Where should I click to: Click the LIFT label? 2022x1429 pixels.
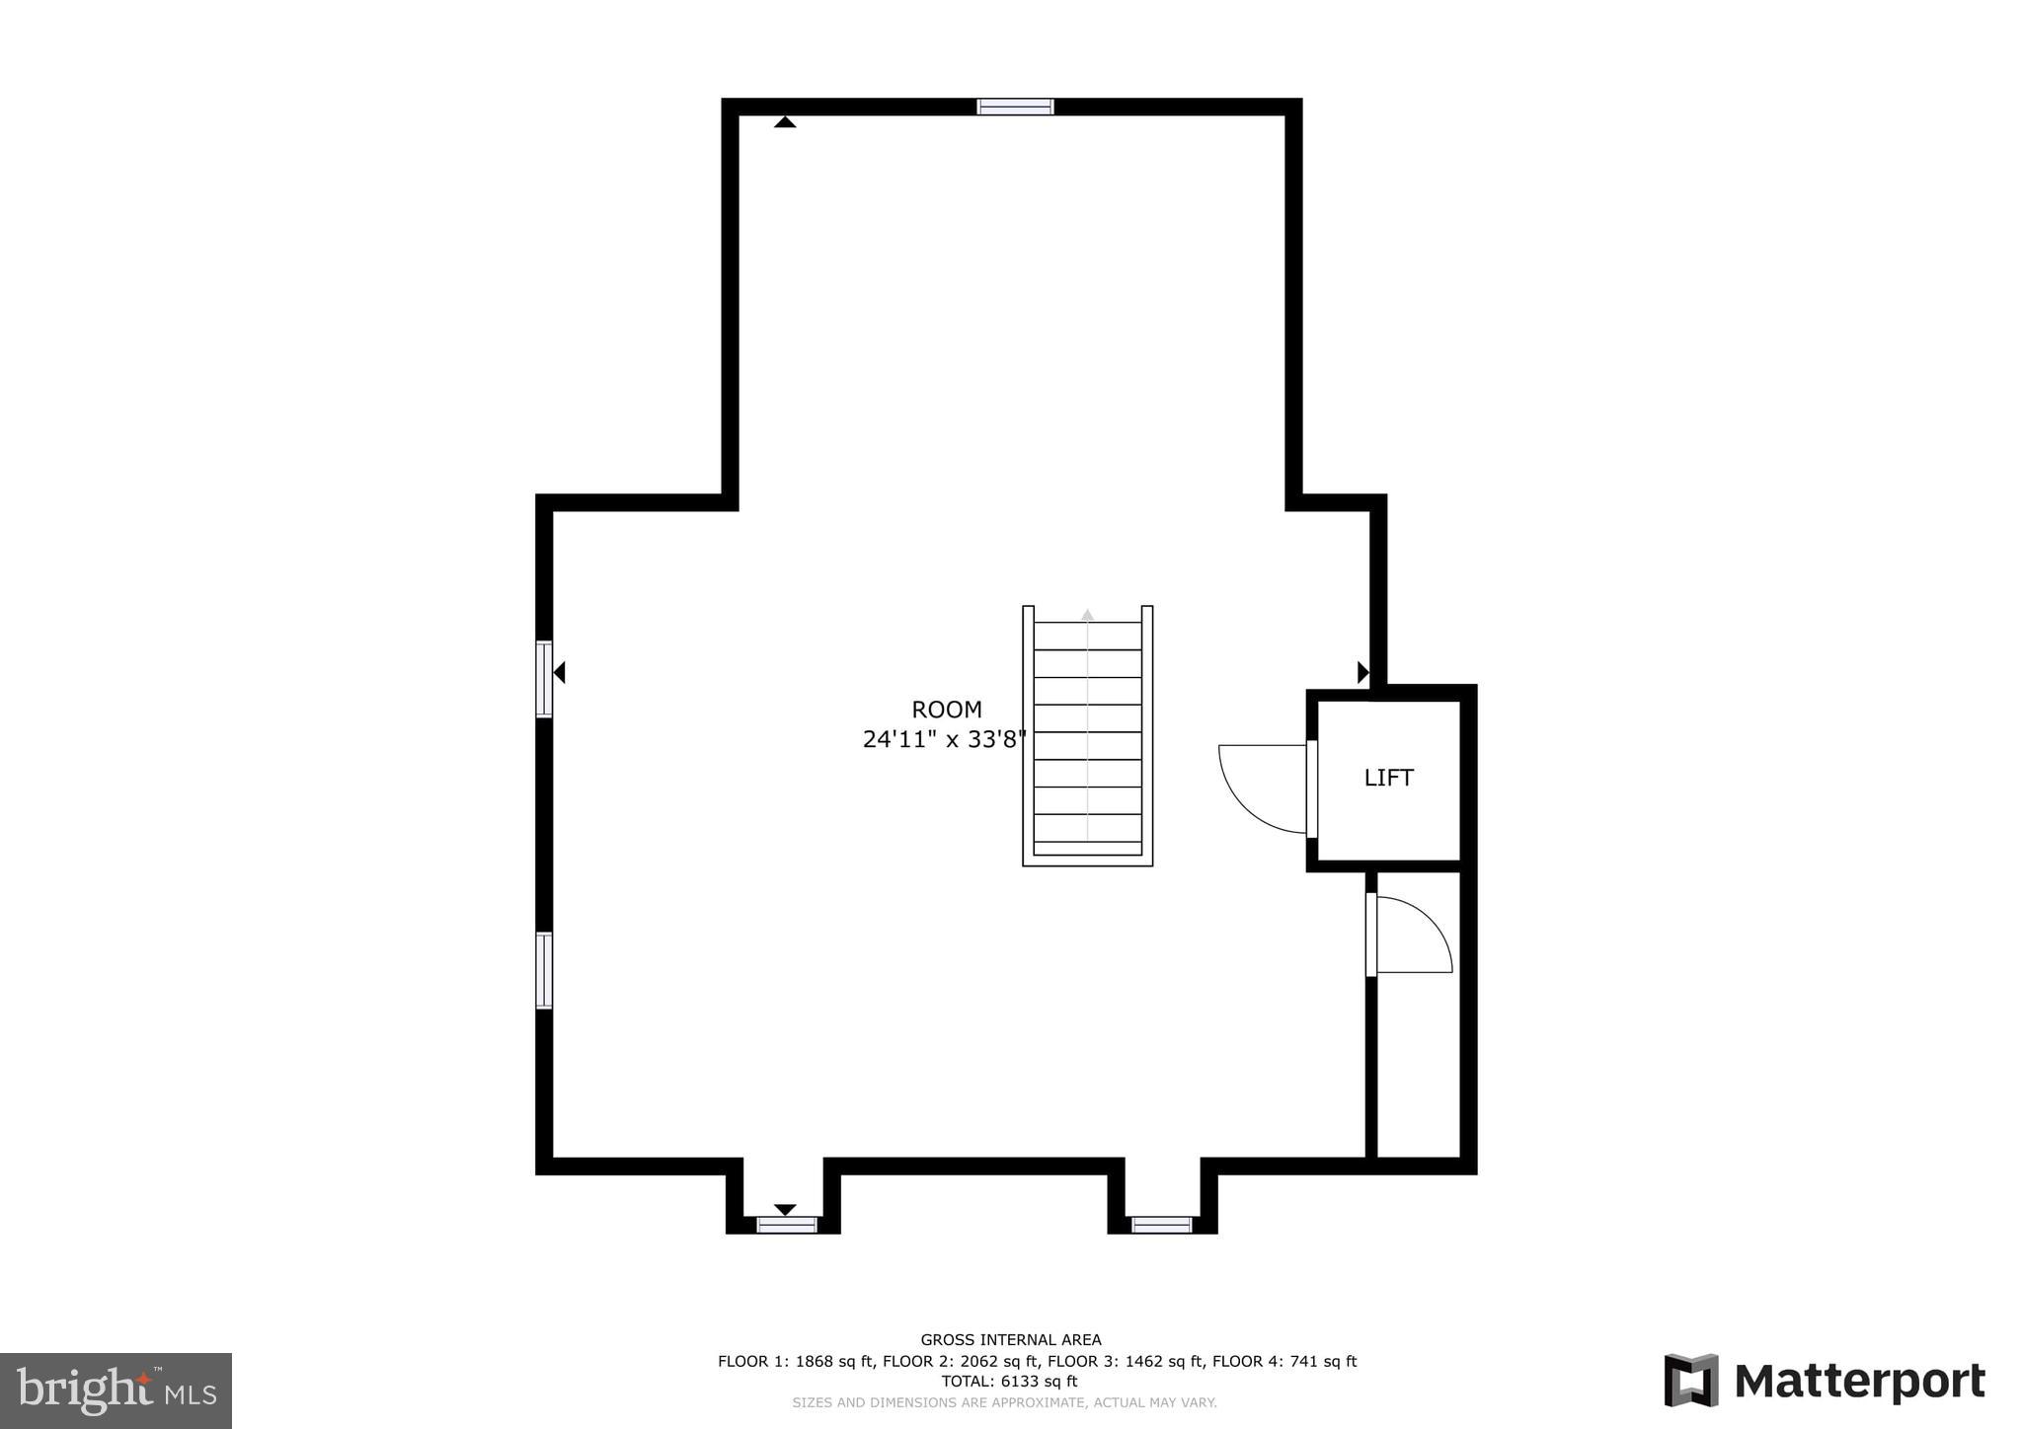[x=1388, y=778]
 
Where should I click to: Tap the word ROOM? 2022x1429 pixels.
[x=946, y=710]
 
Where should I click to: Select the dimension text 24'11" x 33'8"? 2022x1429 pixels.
[x=944, y=739]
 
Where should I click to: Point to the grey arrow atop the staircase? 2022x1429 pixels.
[x=1087, y=615]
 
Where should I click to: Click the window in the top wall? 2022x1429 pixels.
[x=1015, y=107]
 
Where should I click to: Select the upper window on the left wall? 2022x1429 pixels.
[x=544, y=679]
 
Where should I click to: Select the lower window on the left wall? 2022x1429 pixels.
[x=544, y=970]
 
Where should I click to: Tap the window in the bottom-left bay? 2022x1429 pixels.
[x=787, y=1225]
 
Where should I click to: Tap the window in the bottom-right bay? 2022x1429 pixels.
[x=1161, y=1225]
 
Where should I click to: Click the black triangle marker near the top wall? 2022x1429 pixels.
[x=785, y=122]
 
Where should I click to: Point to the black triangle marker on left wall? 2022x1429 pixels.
[x=560, y=673]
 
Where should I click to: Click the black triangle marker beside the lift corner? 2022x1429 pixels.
[x=1362, y=673]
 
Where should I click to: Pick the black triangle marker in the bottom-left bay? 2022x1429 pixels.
[x=785, y=1209]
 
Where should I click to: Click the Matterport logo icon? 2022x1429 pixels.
[x=1691, y=1380]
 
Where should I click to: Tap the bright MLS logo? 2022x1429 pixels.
[x=116, y=1391]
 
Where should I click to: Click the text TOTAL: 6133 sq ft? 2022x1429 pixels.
[x=1009, y=1382]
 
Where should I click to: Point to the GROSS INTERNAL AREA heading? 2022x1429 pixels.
[x=1010, y=1339]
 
